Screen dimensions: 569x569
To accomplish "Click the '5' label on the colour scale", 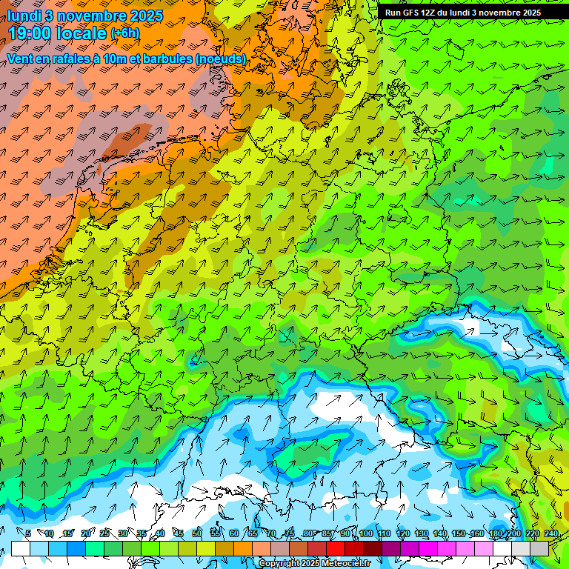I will pyautogui.click(x=28, y=533).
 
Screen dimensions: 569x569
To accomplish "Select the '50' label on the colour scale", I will pyautogui.click(x=196, y=533).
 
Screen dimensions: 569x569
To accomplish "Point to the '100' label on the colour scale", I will pyautogui.click(x=365, y=533).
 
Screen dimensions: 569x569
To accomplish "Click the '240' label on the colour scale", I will pyautogui.click(x=551, y=533).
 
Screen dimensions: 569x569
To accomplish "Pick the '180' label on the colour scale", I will pyautogui.click(x=495, y=533).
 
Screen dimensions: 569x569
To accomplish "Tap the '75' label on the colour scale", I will pyautogui.click(x=290, y=533).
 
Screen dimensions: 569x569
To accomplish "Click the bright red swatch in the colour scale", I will pyautogui.click(x=336, y=548).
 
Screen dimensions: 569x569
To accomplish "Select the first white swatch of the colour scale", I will pyautogui.click(x=20, y=548).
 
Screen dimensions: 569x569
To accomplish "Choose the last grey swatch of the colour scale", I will pyautogui.click(x=539, y=548).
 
